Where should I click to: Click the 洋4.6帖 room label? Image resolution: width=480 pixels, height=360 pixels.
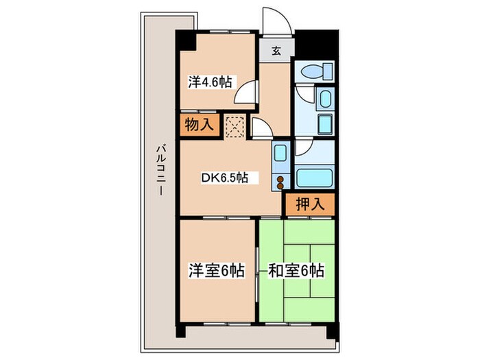click(x=210, y=82)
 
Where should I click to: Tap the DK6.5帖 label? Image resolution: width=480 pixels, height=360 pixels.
click(x=230, y=178)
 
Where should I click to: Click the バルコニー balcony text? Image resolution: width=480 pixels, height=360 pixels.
click(x=159, y=170)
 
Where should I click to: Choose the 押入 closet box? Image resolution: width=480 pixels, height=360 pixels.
click(x=310, y=203)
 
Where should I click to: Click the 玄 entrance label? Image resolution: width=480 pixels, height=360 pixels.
click(x=275, y=49)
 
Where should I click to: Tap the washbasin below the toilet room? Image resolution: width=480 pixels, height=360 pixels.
click(x=324, y=99)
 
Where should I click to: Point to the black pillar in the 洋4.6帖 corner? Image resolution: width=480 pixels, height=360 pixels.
click(x=185, y=42)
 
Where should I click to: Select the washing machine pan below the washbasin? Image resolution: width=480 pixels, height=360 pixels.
click(x=324, y=125)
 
